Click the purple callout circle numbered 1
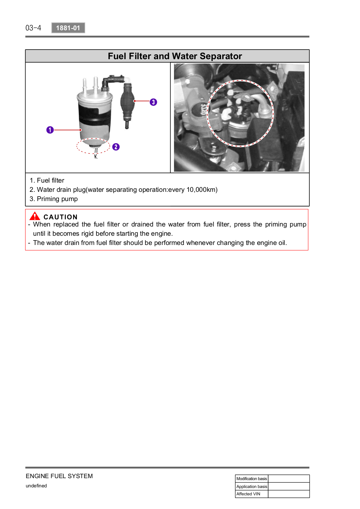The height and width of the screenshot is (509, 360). [50, 130]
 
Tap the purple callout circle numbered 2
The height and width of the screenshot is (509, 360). [116, 147]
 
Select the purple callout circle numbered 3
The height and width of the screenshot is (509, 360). [153, 102]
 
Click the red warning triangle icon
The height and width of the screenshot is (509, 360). [35, 216]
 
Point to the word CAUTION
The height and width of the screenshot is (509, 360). [60, 217]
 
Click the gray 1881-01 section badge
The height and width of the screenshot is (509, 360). [68, 28]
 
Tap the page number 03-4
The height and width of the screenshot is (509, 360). [33, 28]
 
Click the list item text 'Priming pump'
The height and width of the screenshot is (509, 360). [57, 199]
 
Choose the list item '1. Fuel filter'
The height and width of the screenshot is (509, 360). [47, 180]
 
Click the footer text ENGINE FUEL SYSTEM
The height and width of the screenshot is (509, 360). [59, 476]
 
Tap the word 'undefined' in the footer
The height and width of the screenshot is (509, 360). [36, 486]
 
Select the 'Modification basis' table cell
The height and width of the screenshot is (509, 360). [252, 478]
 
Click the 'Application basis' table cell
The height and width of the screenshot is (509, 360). [252, 486]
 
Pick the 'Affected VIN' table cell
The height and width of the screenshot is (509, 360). [252, 494]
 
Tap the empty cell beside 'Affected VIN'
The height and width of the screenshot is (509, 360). [289, 494]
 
